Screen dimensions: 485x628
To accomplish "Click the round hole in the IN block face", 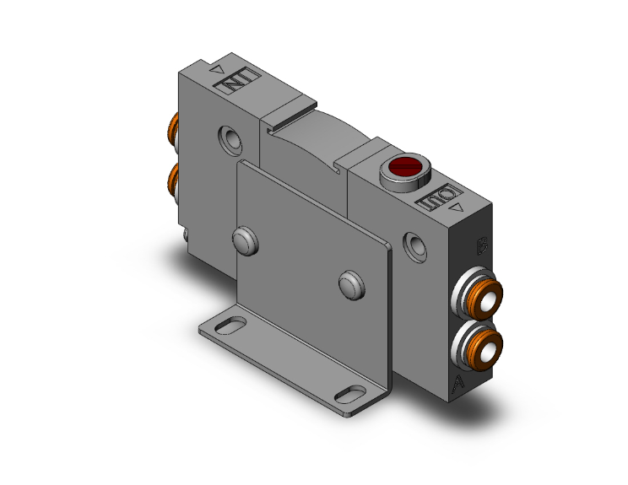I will (229, 137).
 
